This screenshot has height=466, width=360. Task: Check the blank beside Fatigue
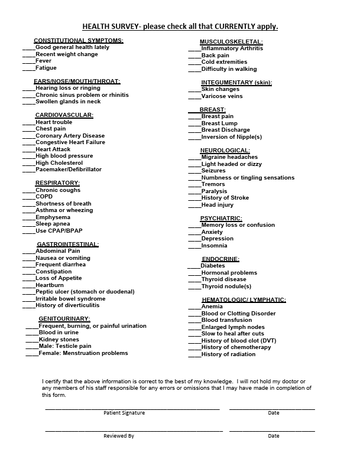[29, 69]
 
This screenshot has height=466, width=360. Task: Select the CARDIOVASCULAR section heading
[64, 115]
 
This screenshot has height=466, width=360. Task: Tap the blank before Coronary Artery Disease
[29, 136]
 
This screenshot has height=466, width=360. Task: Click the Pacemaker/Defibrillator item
[69, 170]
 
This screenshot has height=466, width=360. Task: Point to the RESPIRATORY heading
[57, 183]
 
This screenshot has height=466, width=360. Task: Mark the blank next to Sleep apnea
[29, 224]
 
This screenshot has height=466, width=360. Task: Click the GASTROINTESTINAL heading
[67, 244]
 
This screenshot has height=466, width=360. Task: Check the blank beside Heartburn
[29, 285]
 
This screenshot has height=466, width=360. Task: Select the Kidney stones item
[59, 340]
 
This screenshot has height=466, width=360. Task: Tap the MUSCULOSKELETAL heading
[231, 42]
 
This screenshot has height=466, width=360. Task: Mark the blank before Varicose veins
[194, 96]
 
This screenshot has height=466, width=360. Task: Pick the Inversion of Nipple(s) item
[231, 137]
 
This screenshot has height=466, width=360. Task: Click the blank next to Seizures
[194, 171]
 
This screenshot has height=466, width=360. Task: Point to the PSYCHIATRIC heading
[221, 219]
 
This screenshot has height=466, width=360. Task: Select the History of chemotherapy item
[236, 347]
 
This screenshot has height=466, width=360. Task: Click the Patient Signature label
[124, 413]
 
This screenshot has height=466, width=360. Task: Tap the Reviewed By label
[119, 436]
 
